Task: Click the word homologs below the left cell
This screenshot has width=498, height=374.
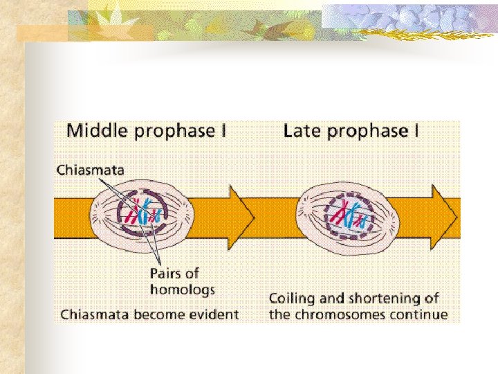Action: pyautogui.click(x=183, y=289)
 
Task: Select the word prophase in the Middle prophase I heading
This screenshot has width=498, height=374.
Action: pyautogui.click(x=172, y=131)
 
